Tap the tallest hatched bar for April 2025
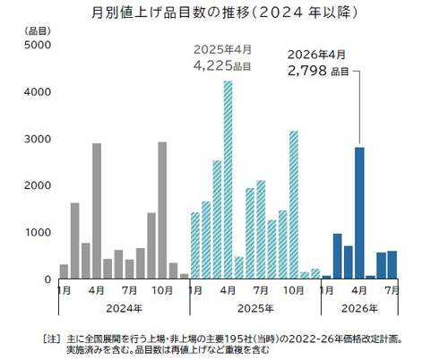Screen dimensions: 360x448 [x=228, y=179]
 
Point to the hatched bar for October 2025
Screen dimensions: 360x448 [x=293, y=205]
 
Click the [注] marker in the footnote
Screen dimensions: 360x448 [x=51, y=339]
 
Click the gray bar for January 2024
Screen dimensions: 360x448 [x=64, y=271]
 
